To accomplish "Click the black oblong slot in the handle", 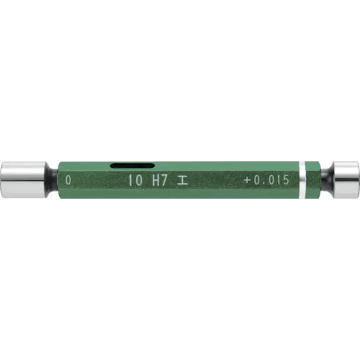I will (x=132, y=165).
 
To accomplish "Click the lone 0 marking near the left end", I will (x=68, y=180).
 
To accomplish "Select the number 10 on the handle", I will (x=135, y=180).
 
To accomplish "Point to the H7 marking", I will (x=160, y=180).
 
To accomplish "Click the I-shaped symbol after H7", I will (x=182, y=180).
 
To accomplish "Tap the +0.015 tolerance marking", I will (x=266, y=180).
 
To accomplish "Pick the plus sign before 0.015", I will (x=247, y=180).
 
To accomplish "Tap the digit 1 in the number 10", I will (x=130, y=180).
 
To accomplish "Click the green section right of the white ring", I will (x=314, y=179).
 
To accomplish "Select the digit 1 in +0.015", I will (x=276, y=180).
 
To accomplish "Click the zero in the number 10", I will (x=138, y=180).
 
